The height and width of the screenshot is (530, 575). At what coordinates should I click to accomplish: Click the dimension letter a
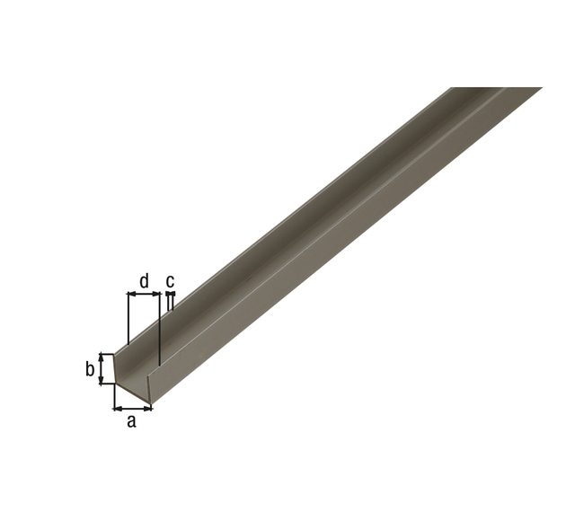point(131,421)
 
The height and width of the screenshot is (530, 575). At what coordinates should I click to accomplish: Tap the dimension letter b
point(90,368)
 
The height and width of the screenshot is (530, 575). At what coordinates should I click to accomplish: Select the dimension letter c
point(170,281)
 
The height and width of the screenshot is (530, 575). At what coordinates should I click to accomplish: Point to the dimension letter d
point(145,280)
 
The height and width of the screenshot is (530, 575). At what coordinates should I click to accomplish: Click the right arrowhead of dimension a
point(147,408)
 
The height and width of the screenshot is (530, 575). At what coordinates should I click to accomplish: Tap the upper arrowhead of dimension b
point(102,358)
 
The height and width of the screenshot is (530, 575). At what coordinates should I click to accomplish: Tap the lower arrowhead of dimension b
point(102,380)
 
